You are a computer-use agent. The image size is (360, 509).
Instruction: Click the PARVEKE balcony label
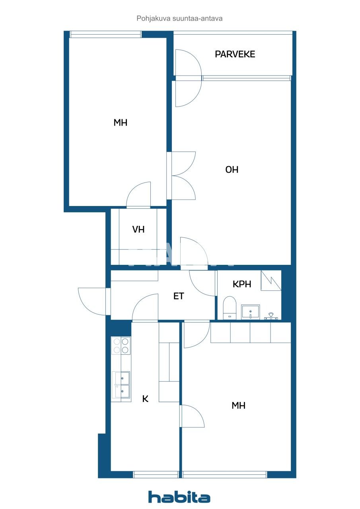235,54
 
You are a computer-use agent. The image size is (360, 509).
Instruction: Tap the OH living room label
232,170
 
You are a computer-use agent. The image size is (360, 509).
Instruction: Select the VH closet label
138,229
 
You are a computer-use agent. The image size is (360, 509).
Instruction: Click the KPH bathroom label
242,284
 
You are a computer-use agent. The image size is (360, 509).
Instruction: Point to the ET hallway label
179,296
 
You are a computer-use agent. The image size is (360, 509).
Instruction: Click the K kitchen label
145,399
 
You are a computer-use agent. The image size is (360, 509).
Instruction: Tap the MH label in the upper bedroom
120,123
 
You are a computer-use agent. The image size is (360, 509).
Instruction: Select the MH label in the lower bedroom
238,406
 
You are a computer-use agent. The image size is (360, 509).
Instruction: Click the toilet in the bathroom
230,307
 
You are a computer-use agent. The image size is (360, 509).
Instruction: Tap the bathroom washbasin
250,312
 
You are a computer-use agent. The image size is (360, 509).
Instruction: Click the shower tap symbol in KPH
271,316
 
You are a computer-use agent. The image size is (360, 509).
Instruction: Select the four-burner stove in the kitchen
121,346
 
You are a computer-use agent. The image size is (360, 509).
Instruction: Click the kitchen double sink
121,385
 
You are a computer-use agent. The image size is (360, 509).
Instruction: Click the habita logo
179,497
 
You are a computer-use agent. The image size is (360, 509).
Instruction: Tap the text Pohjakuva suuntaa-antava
179,18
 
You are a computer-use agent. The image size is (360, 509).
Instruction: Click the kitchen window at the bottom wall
156,474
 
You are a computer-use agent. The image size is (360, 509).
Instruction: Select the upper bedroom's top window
105,35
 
